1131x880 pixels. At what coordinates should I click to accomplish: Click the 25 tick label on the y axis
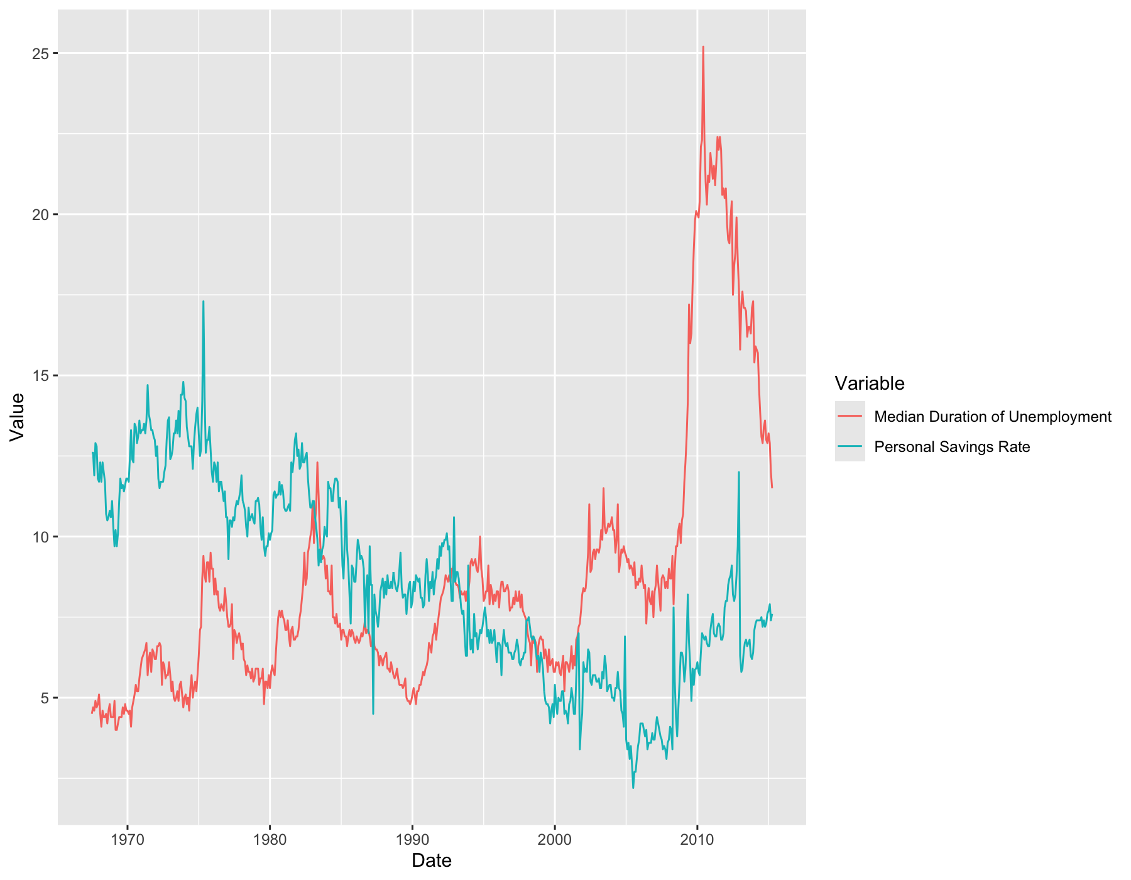(x=41, y=53)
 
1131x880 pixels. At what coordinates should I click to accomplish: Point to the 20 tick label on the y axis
(x=41, y=214)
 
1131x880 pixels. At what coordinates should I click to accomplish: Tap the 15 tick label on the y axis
(x=41, y=376)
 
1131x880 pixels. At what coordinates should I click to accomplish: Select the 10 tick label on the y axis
(x=41, y=537)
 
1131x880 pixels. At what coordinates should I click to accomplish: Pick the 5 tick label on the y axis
(x=45, y=698)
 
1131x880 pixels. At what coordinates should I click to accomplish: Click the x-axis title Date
(x=432, y=861)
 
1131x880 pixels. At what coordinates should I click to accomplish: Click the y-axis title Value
(x=18, y=417)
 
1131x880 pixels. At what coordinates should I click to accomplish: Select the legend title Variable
(x=870, y=383)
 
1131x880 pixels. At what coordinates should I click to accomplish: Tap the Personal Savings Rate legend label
(x=952, y=447)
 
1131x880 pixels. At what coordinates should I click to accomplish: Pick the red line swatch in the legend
(x=850, y=417)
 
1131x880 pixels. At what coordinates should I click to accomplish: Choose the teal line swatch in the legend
(x=850, y=447)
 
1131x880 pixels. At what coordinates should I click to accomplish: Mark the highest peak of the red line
(x=703, y=47)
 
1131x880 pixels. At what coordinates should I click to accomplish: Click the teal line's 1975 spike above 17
(x=203, y=302)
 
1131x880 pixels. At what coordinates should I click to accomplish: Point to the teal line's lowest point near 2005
(x=633, y=788)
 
